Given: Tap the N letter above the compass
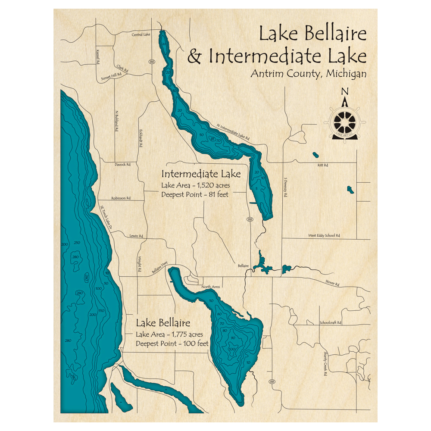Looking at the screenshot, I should click(x=344, y=91).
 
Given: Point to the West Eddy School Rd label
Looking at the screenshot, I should click(x=324, y=236).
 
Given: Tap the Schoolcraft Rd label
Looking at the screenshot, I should click(x=330, y=322).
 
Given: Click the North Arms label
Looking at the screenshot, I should click(x=211, y=287).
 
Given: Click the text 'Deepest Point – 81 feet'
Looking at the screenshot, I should click(x=195, y=195).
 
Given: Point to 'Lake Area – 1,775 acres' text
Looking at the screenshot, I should click(x=169, y=334).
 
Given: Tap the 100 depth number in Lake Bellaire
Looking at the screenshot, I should click(x=232, y=348).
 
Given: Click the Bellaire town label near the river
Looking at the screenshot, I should click(x=243, y=266).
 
